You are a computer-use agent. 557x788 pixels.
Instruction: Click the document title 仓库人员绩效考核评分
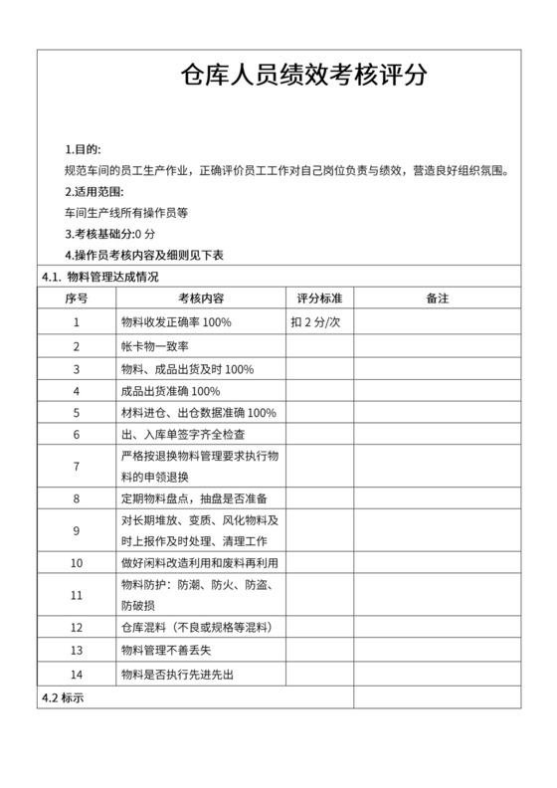click(303, 75)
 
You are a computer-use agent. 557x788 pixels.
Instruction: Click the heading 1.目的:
click(82, 148)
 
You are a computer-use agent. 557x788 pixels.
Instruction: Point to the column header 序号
click(77, 297)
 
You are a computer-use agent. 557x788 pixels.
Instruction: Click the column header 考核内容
click(200, 297)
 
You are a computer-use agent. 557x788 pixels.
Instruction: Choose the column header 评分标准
click(319, 297)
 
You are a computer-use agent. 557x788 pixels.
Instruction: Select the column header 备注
click(437, 297)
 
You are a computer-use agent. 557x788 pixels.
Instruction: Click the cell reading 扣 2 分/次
click(316, 322)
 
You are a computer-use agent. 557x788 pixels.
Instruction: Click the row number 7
click(77, 465)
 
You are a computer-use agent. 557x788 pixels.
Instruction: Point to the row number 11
click(77, 595)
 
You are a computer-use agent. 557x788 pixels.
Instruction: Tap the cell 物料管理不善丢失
click(167, 651)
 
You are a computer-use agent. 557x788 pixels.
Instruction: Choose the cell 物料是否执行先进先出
click(177, 675)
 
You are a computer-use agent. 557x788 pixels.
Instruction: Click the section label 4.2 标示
click(63, 697)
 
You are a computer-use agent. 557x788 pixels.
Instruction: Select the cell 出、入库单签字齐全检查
click(182, 434)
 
